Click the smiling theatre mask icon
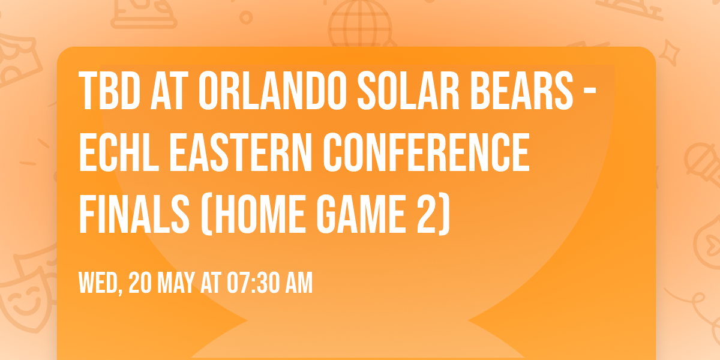(24, 294)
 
